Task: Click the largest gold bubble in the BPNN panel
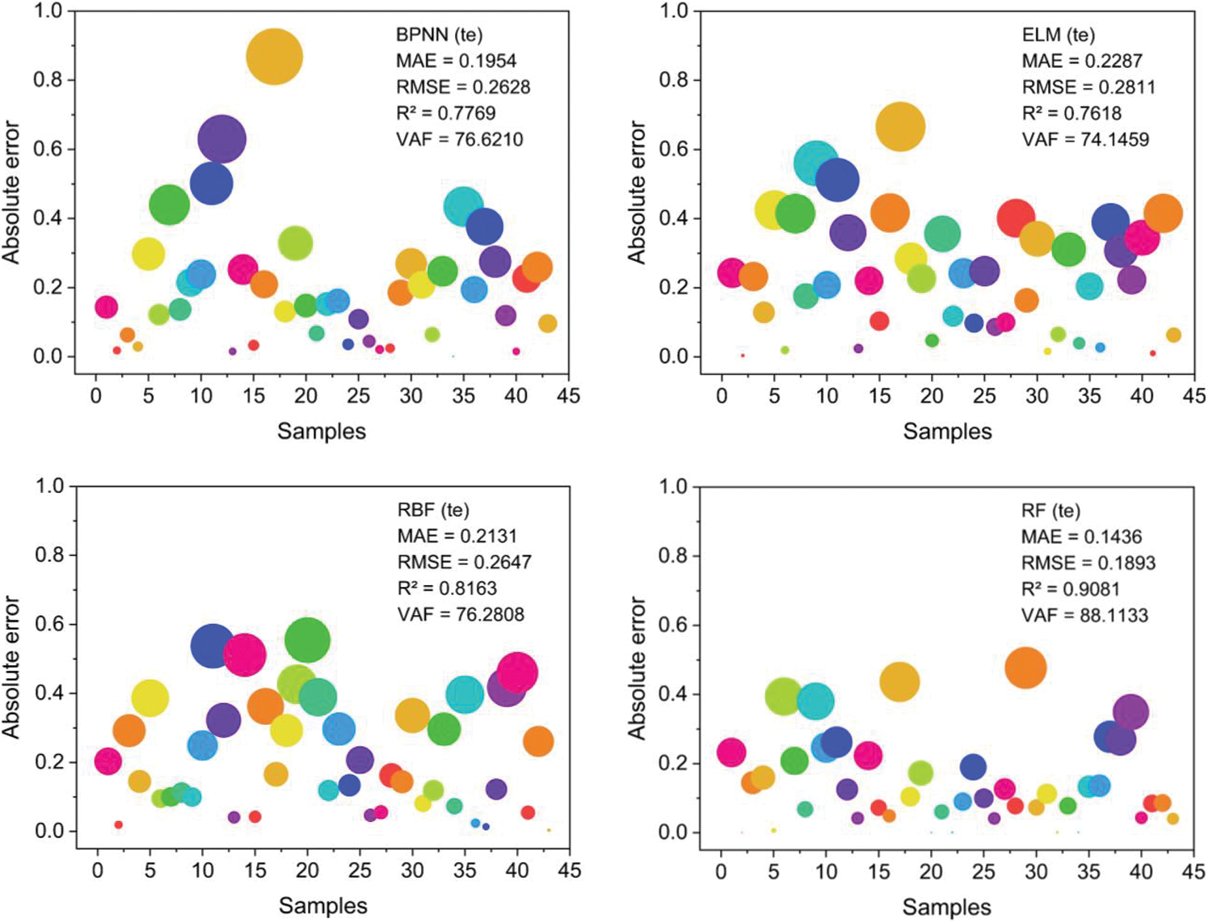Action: click(x=274, y=57)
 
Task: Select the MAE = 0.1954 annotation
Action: click(x=456, y=61)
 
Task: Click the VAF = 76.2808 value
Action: click(x=461, y=614)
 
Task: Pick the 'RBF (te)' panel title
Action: click(x=433, y=510)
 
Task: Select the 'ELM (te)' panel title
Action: click(x=1059, y=35)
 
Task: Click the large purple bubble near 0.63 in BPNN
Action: click(x=221, y=138)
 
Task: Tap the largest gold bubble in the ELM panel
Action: click(x=899, y=126)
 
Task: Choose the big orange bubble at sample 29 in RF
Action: click(x=1025, y=668)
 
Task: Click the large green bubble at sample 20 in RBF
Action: click(x=307, y=640)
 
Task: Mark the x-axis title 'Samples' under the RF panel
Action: click(x=946, y=907)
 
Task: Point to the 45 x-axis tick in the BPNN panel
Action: click(x=568, y=396)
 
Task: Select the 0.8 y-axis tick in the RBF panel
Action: click(x=48, y=555)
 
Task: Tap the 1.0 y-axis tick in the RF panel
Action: click(x=672, y=487)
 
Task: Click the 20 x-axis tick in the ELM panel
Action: click(x=932, y=396)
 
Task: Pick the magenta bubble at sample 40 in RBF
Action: click(x=517, y=672)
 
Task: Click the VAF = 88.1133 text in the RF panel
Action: click(x=1084, y=615)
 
